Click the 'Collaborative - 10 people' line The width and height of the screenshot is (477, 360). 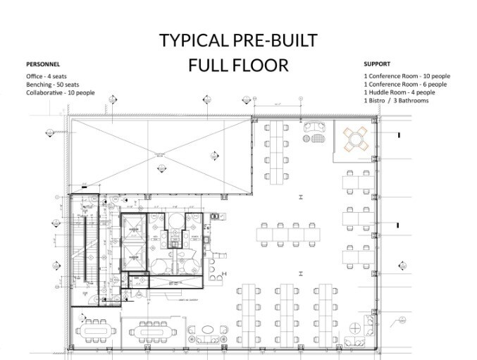click(x=60, y=92)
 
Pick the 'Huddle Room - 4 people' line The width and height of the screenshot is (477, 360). click(x=399, y=92)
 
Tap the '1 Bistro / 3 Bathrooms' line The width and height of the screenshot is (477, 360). click(x=396, y=100)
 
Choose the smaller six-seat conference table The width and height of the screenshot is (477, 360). click(x=152, y=329)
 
